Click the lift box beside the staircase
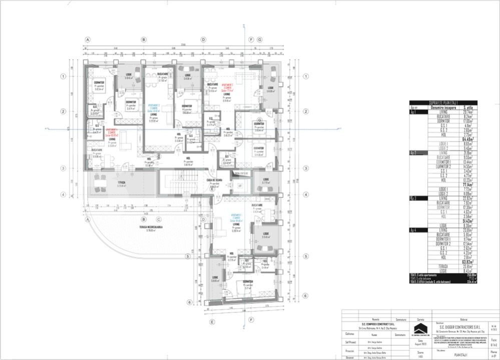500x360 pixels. pos(240,185)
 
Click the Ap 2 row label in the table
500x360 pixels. pos(414,152)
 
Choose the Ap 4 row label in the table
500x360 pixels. pos(414,229)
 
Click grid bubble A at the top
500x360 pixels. pos(88,39)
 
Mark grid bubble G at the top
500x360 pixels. pos(260,39)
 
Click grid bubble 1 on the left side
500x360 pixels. pos(64,76)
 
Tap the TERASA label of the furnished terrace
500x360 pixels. pos(121,182)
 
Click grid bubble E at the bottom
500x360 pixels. pos(213,321)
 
